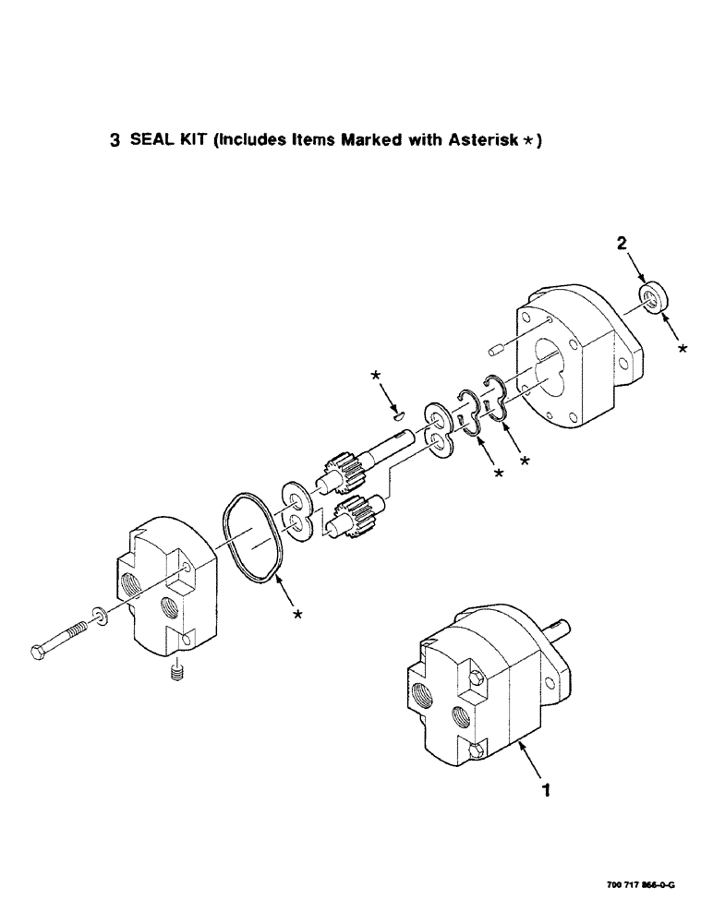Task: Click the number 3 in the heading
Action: click(x=115, y=141)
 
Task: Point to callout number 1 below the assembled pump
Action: click(x=546, y=790)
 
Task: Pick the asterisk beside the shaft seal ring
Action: click(x=683, y=349)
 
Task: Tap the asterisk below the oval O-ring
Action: click(x=297, y=615)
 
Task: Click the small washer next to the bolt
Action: click(x=99, y=615)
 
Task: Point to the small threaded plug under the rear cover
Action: click(x=175, y=675)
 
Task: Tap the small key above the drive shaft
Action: click(x=397, y=415)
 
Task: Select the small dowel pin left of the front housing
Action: click(x=494, y=351)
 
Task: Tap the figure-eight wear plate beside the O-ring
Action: click(x=296, y=512)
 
